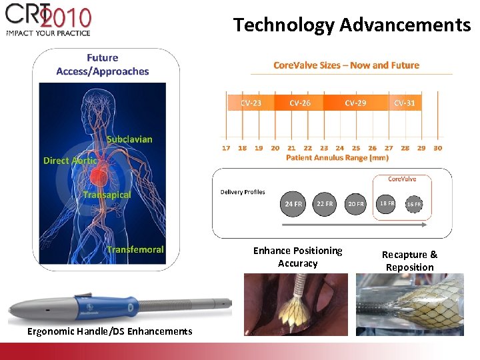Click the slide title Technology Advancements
[352, 25]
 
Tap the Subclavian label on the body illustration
[129, 139]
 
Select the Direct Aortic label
[70, 161]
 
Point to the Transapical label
[107, 195]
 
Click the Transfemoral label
[135, 249]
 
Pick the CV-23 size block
[251, 103]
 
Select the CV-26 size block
[300, 103]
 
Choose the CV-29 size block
[355, 103]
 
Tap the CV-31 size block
[404, 103]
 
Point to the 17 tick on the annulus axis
[226, 148]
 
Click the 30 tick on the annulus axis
[437, 148]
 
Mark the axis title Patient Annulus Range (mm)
[337, 158]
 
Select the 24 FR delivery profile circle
[293, 203]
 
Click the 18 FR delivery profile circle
[387, 203]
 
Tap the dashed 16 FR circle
[414, 204]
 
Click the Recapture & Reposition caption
[409, 261]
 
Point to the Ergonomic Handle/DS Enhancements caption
[109, 331]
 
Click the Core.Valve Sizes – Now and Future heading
[346, 65]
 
